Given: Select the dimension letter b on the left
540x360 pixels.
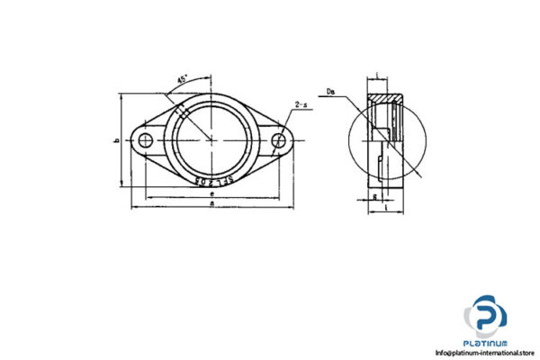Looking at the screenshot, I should click(x=118, y=141).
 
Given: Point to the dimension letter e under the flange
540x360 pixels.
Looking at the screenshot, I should click(x=211, y=193).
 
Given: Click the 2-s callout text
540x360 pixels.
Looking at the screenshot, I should click(x=301, y=107).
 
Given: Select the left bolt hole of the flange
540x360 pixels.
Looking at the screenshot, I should click(x=144, y=139).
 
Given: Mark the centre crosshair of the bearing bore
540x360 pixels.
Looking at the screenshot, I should click(x=212, y=139).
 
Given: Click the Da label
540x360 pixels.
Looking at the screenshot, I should click(x=332, y=92).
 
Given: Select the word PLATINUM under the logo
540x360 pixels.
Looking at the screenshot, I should click(x=486, y=343).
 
